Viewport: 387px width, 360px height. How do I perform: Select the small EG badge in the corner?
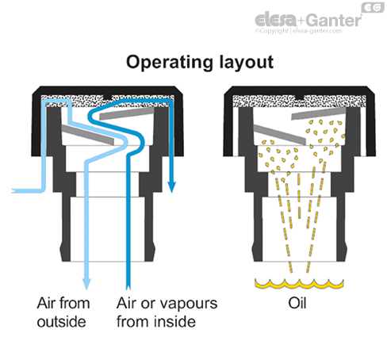coord(370,8)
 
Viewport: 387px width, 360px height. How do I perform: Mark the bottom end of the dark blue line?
coord(128,289)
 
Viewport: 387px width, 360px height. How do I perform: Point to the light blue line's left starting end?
coord(11,191)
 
